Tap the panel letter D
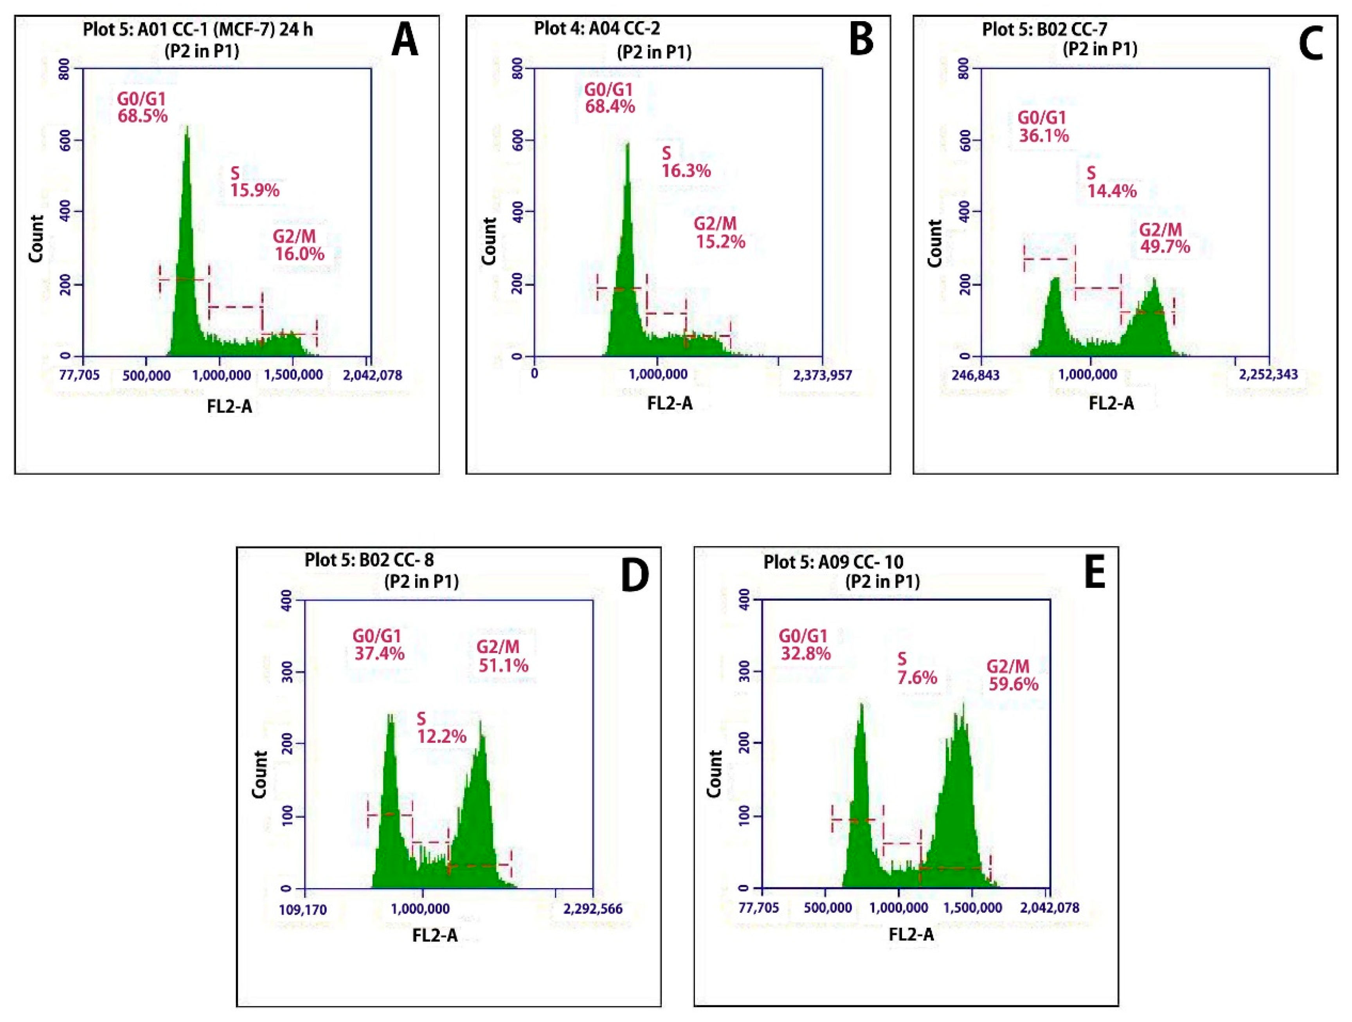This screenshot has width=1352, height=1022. (x=634, y=575)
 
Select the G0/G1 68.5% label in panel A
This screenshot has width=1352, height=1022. (x=142, y=108)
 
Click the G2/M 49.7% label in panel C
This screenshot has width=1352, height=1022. (x=1164, y=238)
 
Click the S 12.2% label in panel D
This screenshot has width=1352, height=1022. (x=441, y=727)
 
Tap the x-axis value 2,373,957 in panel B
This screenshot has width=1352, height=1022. (x=822, y=374)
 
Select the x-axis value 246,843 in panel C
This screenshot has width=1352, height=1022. (x=976, y=374)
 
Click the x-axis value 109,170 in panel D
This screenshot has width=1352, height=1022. (x=303, y=910)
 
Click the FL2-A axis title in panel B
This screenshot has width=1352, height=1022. (x=670, y=403)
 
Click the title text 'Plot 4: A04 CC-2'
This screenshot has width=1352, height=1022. (x=597, y=28)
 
